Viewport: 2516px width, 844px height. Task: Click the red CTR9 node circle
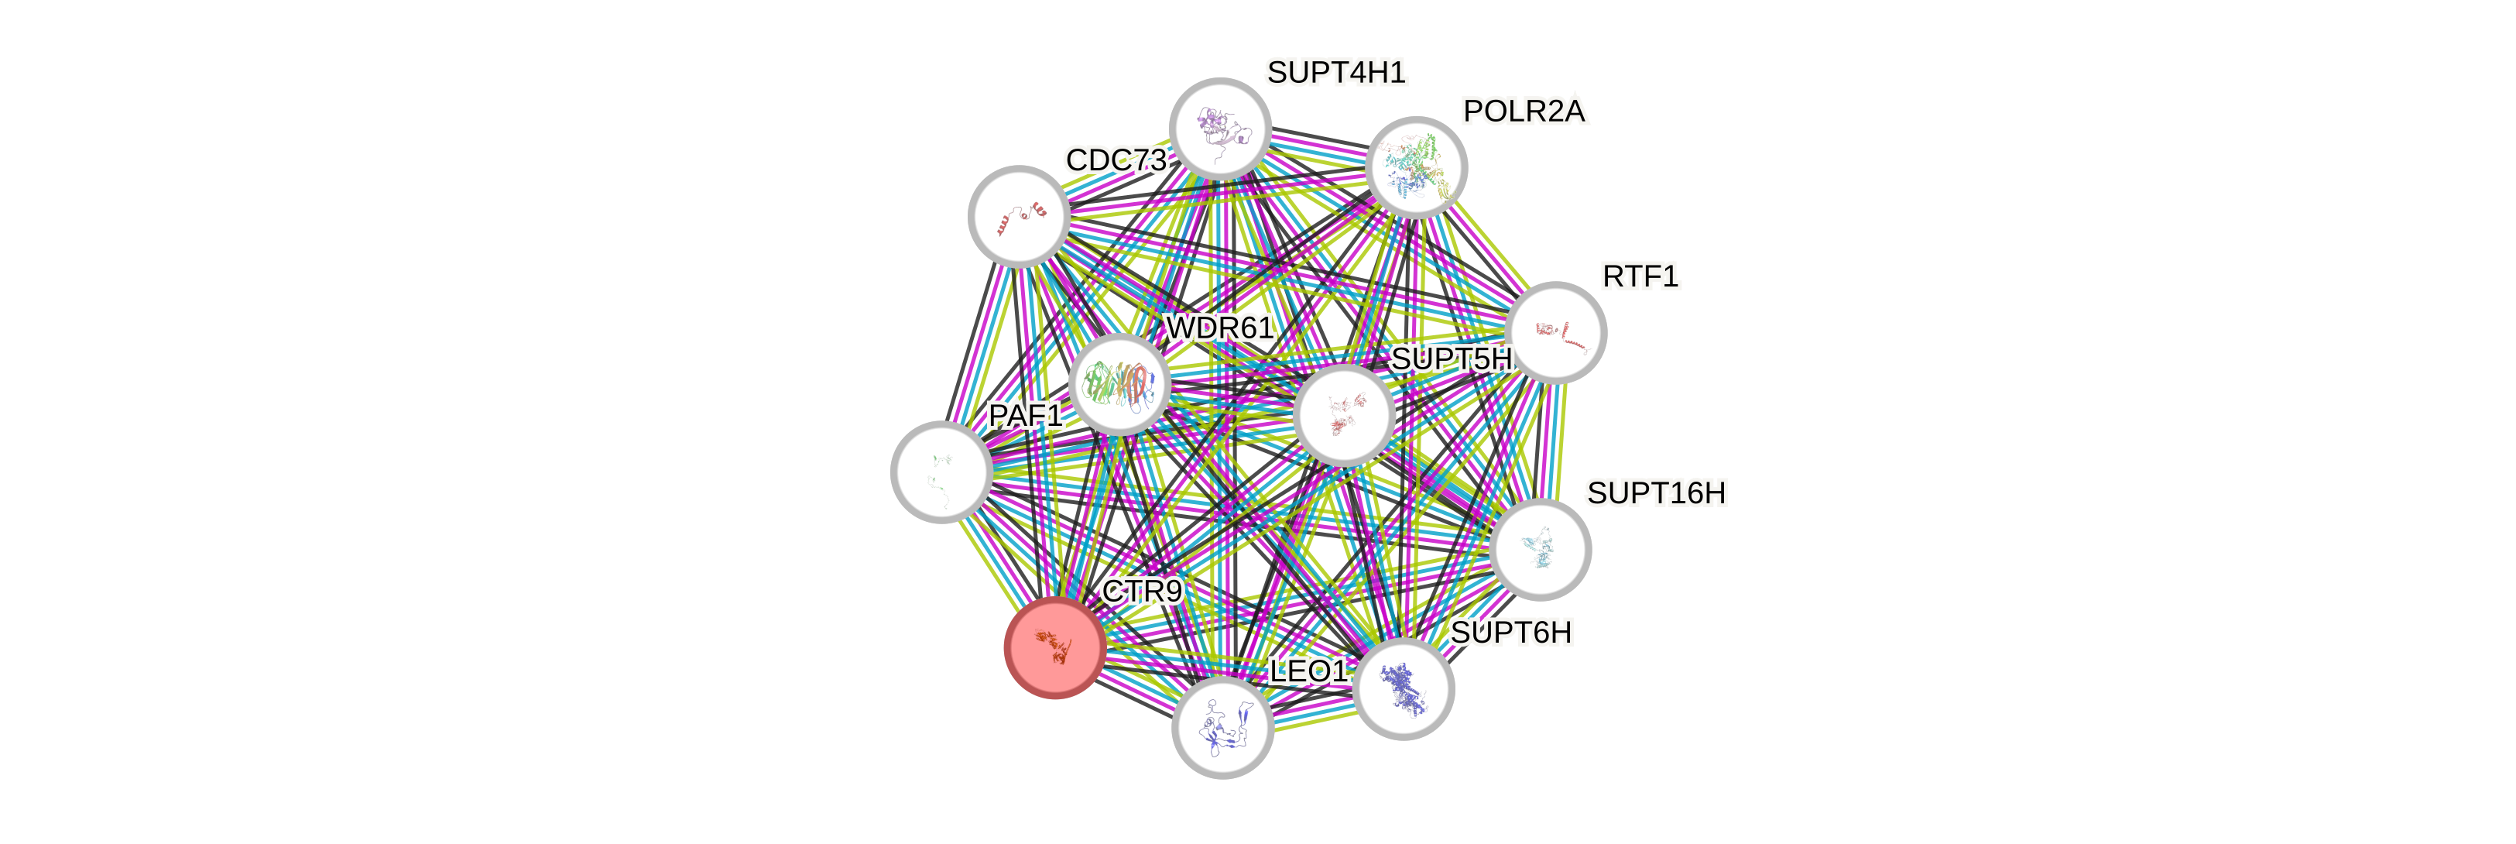[1055, 647]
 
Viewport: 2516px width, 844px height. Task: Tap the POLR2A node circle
[1416, 168]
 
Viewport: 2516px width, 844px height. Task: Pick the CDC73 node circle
[1019, 216]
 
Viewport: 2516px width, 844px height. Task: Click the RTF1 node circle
[1556, 332]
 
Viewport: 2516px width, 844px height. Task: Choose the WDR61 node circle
[1119, 384]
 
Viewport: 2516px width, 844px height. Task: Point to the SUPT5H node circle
[1344, 415]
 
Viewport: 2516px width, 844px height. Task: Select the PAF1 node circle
[941, 472]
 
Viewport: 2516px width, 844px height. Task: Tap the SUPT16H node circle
[1541, 549]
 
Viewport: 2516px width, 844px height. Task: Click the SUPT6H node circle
[1404, 688]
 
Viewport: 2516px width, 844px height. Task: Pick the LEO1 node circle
[1222, 728]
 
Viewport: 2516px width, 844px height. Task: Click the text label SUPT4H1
[1336, 72]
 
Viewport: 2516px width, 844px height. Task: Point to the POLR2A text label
[1524, 112]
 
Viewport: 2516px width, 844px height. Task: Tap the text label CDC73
[1116, 160]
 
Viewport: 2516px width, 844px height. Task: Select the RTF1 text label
[1640, 276]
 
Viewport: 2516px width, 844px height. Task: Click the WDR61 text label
[1219, 328]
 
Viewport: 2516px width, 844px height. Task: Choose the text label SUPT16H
[1655, 493]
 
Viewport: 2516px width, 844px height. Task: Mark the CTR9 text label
[1141, 591]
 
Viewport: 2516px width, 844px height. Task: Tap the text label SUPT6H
[1511, 633]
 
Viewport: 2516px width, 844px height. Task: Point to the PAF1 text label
[1024, 415]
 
